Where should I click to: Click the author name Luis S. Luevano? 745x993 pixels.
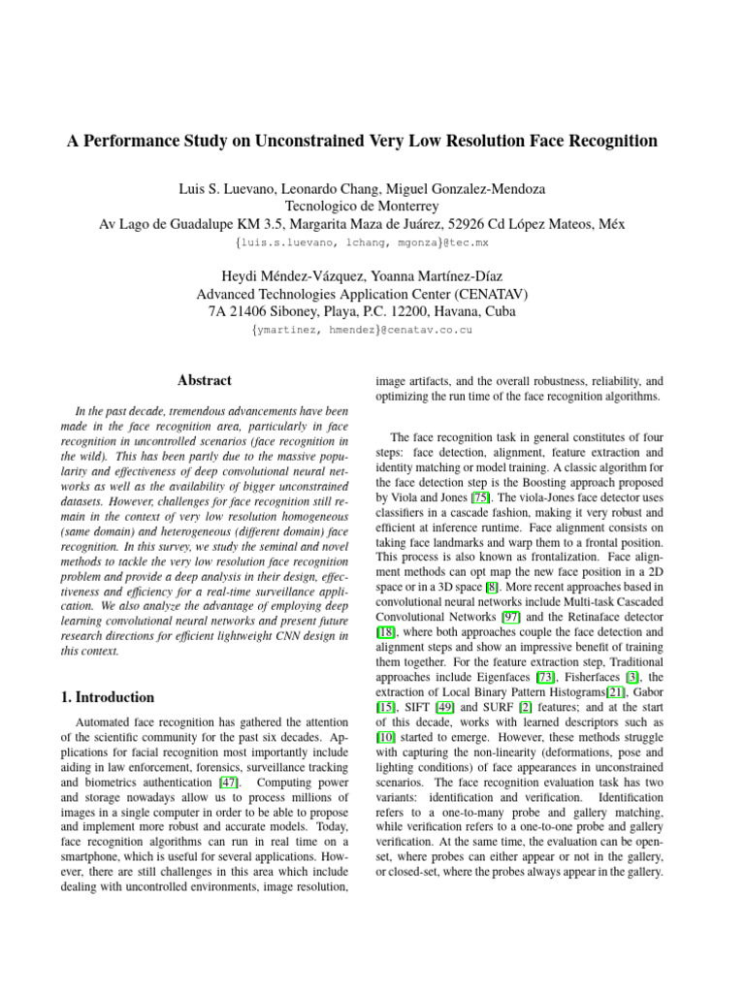pos(210,186)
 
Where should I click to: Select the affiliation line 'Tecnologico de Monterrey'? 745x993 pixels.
pos(362,205)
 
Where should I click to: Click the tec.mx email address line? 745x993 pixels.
pos(362,242)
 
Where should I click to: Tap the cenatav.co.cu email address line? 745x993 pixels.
pos(362,331)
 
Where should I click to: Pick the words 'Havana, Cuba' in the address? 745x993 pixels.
pos(473,311)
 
